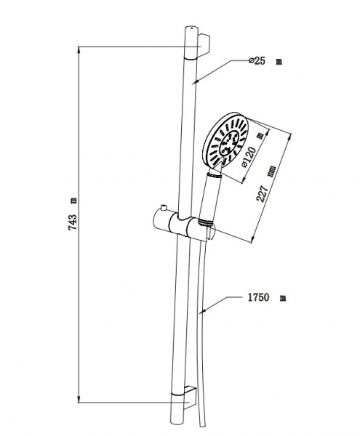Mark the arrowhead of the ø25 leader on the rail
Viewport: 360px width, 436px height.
[196, 81]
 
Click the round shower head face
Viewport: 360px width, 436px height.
[225, 140]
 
